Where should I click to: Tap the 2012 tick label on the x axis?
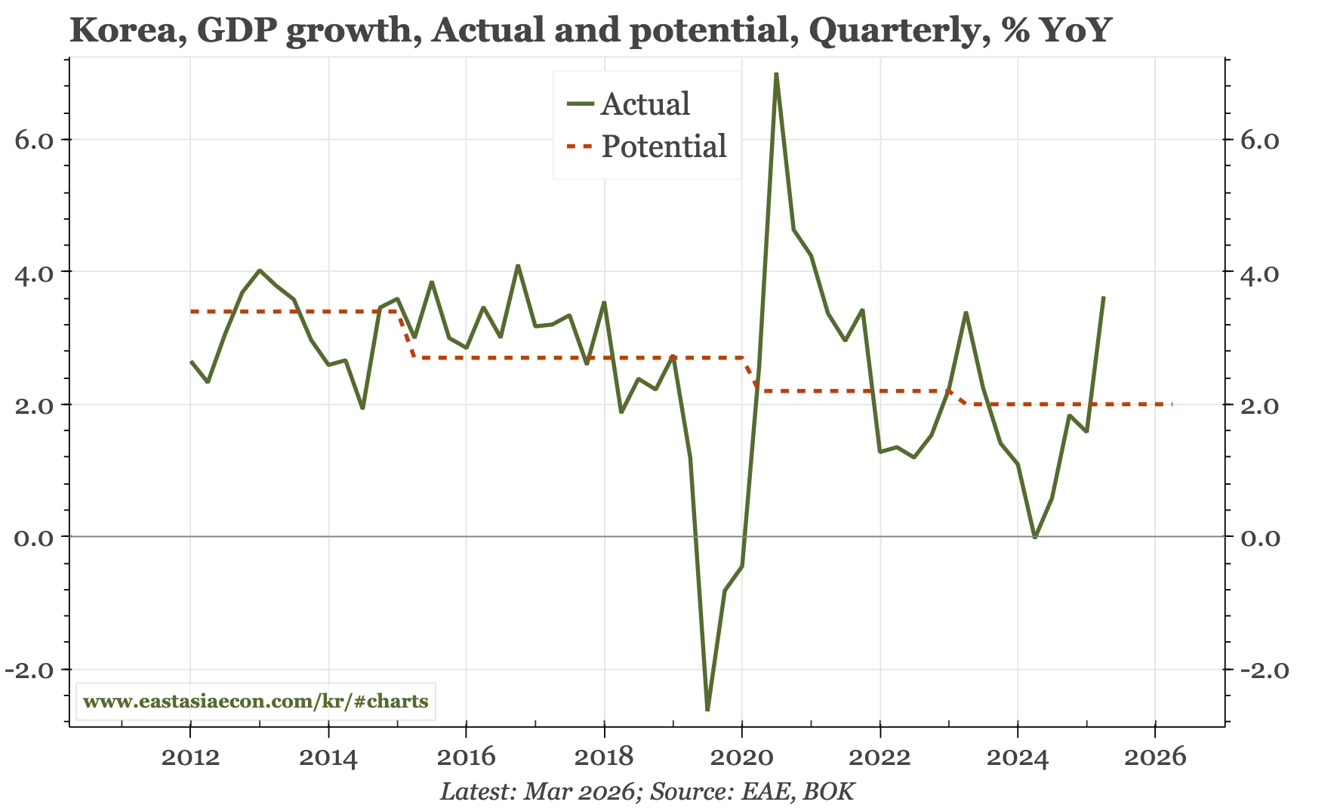190,756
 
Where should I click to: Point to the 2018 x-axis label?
604,756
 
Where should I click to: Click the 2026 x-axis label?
1155,756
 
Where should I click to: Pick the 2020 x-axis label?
742,756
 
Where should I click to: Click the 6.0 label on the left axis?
34,140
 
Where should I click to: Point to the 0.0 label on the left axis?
34,538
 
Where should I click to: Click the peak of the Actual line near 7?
776,74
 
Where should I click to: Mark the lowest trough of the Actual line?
707,709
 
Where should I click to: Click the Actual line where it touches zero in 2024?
1034,537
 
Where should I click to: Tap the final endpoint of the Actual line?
1104,298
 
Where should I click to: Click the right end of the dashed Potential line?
1171,404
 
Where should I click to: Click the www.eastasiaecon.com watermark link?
255,702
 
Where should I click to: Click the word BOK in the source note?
829,791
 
